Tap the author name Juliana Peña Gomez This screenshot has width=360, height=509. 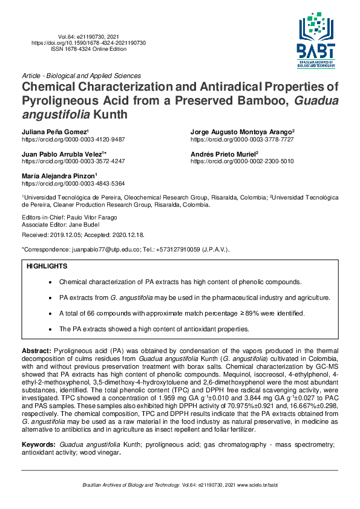54,132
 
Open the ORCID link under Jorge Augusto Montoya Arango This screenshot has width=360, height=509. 242,139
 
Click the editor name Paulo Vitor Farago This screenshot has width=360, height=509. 91,217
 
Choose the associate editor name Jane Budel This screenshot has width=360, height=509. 82,224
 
